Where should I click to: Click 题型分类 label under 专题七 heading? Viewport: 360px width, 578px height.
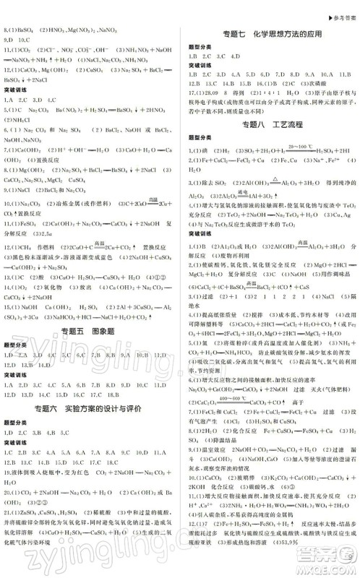pyautogui.click(x=199, y=46)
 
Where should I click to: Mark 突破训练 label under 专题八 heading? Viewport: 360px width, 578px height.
pyautogui.click(x=199, y=233)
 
